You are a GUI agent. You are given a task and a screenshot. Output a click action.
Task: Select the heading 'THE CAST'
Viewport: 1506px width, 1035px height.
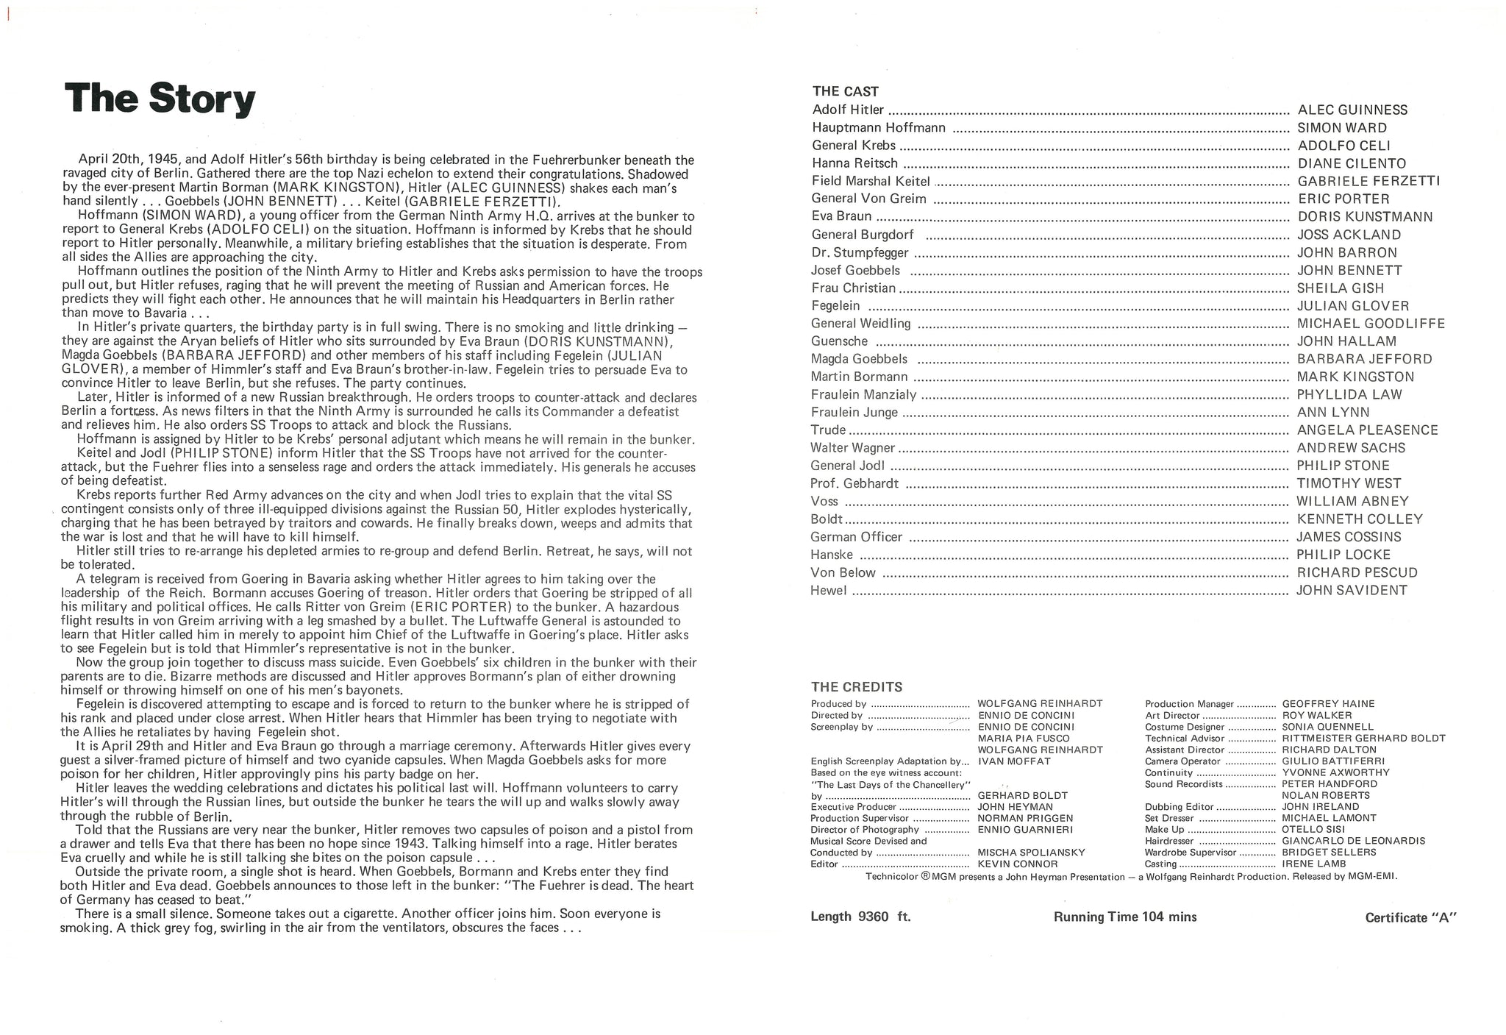point(845,92)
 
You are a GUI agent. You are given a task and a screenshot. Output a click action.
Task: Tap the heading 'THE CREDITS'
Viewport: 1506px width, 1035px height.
point(856,687)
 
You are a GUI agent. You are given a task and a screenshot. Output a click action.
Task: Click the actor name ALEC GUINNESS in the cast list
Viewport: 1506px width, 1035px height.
point(1352,110)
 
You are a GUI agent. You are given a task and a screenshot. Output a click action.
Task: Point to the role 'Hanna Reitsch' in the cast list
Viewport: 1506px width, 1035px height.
point(854,163)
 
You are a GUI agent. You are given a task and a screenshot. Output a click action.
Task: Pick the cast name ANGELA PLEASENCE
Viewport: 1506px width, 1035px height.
point(1367,430)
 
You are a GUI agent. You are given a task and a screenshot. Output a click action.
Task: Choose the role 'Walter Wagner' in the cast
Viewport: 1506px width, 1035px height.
point(852,448)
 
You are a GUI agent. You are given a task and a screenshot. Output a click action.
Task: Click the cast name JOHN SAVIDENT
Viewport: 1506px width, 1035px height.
point(1352,590)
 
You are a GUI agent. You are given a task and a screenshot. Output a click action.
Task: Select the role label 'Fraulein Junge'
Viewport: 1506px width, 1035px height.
point(854,413)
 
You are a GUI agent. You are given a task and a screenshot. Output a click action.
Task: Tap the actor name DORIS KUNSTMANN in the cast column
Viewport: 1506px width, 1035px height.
point(1365,217)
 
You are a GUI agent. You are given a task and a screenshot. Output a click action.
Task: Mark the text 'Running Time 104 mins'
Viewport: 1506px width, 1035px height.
point(1125,917)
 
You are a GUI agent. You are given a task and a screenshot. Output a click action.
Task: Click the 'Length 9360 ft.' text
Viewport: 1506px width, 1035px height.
point(860,917)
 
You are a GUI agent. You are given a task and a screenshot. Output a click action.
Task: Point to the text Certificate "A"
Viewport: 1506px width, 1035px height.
point(1411,918)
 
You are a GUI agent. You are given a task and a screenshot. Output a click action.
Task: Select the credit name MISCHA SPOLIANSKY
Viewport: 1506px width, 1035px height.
point(1031,853)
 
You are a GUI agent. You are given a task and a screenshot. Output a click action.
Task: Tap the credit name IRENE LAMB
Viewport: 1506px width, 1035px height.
point(1314,864)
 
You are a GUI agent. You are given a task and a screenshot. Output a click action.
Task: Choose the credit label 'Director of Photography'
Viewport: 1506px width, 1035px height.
point(865,830)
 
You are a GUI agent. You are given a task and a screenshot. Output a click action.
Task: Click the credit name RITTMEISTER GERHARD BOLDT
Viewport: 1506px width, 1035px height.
point(1363,739)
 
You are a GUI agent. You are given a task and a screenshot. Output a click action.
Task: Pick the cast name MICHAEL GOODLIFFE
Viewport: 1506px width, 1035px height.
point(1371,324)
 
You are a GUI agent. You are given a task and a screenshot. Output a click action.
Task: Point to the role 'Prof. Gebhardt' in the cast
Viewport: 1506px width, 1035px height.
point(854,484)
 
